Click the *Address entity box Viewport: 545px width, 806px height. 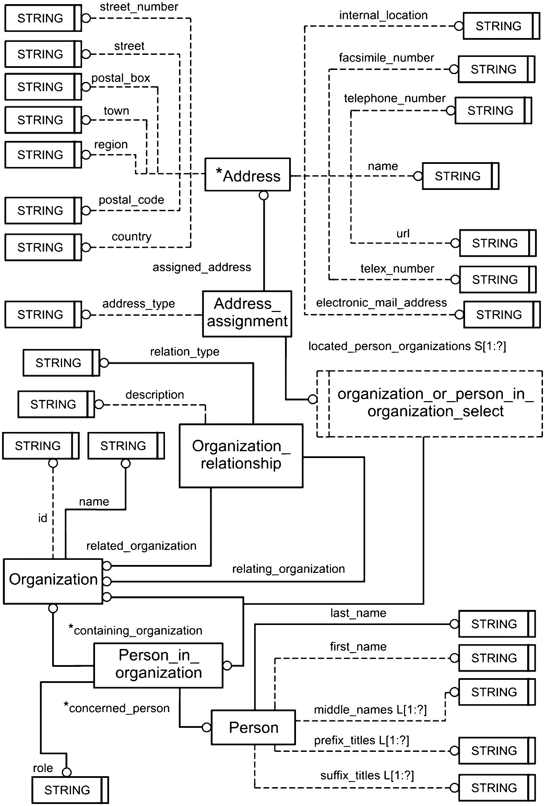coord(247,175)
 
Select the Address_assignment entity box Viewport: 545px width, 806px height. coord(247,314)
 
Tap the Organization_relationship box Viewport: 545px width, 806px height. coord(241,456)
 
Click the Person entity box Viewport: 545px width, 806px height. coord(253,727)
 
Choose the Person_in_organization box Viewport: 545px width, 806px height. coord(158,665)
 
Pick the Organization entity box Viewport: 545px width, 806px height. coord(53,581)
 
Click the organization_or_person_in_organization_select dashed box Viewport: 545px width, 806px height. coord(429,404)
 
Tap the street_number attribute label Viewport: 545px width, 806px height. coord(139,7)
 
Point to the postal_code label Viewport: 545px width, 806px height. coord(131,200)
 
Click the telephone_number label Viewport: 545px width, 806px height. coord(394,98)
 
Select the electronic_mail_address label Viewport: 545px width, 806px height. coord(381,303)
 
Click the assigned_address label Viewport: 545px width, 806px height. coord(202,267)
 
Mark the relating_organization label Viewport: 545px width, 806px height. coord(289,569)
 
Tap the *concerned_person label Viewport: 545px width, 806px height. coord(117,708)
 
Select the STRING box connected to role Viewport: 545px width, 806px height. coord(70,790)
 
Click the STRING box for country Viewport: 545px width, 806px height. coord(43,247)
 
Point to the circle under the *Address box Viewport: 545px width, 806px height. coord(264,196)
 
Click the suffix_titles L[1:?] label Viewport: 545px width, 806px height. coord(367,775)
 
